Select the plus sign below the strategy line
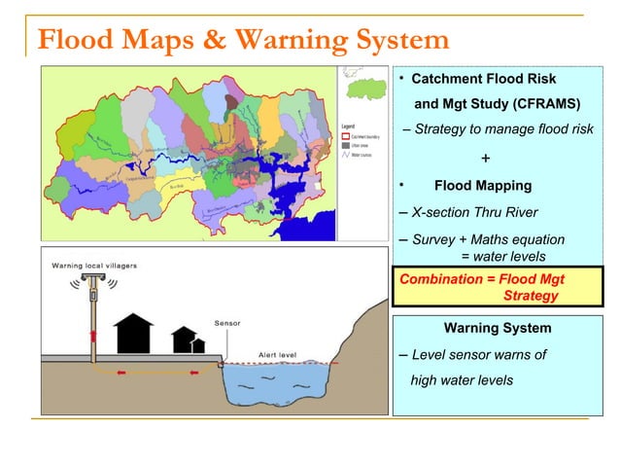pyautogui.click(x=485, y=159)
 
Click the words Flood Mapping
pyautogui.click(x=482, y=185)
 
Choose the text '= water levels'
pyautogui.click(x=502, y=256)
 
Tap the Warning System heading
pyautogui.click(x=497, y=328)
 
